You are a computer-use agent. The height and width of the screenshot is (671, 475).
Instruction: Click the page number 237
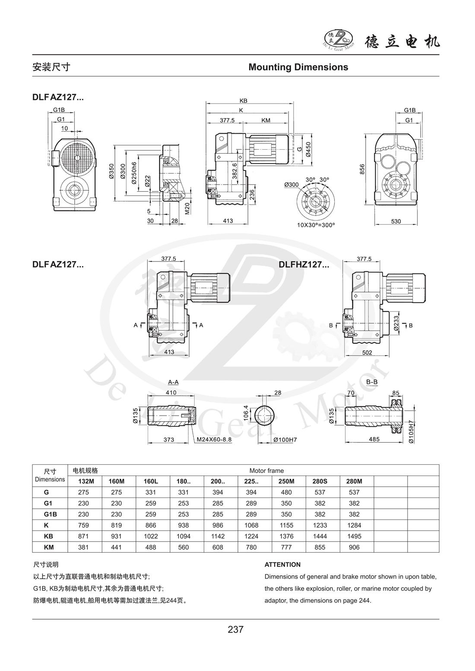(x=236, y=630)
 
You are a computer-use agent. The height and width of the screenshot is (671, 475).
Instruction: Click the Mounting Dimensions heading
(x=298, y=67)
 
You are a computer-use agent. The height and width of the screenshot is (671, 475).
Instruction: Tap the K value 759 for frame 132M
(x=85, y=525)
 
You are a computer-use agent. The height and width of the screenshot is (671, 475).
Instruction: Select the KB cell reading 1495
(x=354, y=536)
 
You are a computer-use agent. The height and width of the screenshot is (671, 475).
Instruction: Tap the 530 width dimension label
(x=396, y=221)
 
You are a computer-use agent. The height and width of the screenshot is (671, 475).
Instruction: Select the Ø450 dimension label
(x=308, y=150)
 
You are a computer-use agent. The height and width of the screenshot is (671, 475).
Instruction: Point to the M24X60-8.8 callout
(x=214, y=440)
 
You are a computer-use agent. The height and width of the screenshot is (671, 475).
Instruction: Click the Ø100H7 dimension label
(x=286, y=440)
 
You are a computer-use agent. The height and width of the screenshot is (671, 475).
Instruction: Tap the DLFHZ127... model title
(x=304, y=265)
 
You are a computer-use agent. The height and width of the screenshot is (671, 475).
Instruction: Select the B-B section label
(x=372, y=382)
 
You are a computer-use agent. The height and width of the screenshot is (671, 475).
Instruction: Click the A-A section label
(x=173, y=382)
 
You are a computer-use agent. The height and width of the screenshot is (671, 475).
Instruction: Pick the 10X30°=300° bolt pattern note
(x=316, y=225)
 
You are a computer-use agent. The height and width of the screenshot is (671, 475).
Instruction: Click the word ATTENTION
(x=282, y=564)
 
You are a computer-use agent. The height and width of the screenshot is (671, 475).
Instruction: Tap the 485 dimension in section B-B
(x=374, y=439)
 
